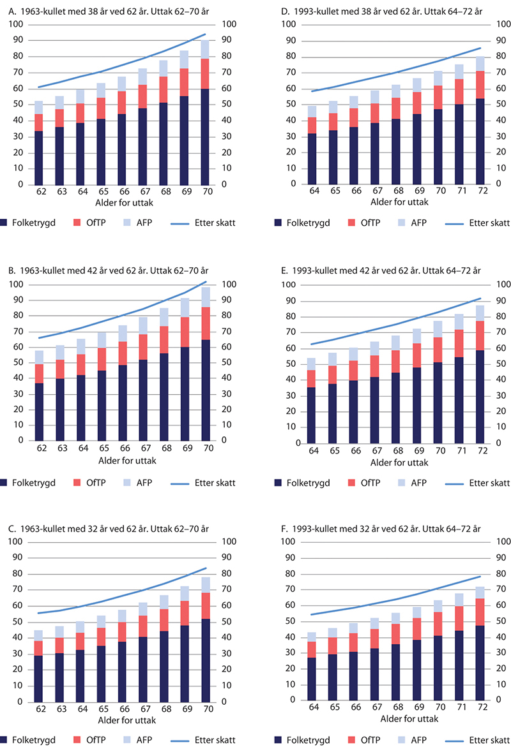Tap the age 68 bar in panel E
pyautogui.click(x=396, y=389)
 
